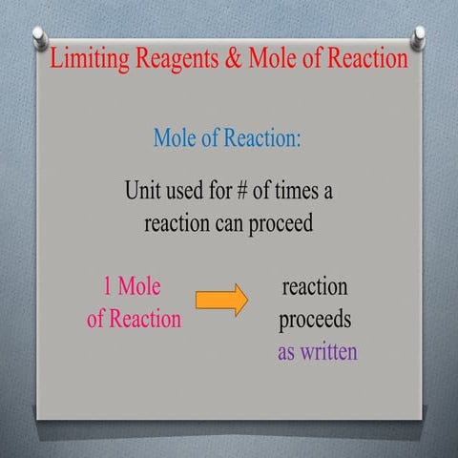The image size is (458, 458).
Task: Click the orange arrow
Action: tap(221, 301)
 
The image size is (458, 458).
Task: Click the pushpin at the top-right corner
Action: tap(418, 36)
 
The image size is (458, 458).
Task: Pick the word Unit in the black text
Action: tap(144, 191)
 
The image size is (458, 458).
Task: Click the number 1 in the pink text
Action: tap(109, 286)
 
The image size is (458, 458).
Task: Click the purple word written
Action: tap(329, 351)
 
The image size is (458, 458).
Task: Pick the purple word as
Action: tap(287, 351)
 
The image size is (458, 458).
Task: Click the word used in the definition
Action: tap(192, 191)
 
